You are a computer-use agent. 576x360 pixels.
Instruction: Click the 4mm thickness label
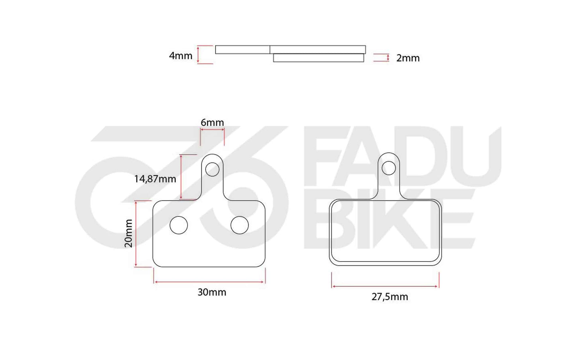(181, 56)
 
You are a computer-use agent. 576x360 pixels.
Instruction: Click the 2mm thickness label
(407, 58)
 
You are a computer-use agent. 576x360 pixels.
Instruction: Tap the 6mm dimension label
(212, 122)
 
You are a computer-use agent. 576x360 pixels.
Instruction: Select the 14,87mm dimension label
(155, 179)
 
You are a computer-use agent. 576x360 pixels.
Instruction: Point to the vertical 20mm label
(128, 233)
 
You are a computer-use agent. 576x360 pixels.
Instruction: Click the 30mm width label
(212, 292)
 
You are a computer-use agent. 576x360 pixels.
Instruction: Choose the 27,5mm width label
(389, 297)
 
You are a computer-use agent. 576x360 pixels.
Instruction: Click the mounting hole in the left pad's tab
(212, 169)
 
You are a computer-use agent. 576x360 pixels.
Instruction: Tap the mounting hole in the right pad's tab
(389, 168)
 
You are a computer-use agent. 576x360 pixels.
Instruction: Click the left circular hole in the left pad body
(179, 225)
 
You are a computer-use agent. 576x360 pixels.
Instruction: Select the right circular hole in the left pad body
(240, 225)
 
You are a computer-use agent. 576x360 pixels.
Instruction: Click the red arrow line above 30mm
(209, 282)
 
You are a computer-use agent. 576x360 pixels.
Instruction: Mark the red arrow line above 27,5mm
(385, 286)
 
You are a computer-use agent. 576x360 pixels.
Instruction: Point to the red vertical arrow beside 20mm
(136, 234)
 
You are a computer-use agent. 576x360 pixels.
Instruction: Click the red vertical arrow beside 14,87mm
(181, 177)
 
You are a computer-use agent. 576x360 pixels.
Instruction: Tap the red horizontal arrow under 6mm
(212, 130)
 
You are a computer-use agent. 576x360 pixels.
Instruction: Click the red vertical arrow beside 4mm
(198, 55)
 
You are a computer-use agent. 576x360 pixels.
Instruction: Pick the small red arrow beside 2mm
(388, 58)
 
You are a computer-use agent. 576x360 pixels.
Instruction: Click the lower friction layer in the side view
(318, 58)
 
